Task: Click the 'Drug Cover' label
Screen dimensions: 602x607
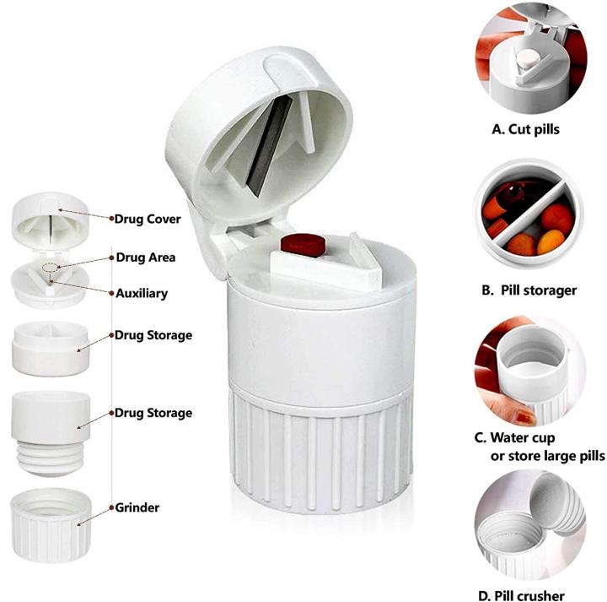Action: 148,219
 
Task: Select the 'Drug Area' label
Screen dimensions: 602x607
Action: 145,257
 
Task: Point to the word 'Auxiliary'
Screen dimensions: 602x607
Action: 142,294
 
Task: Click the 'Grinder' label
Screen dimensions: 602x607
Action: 137,507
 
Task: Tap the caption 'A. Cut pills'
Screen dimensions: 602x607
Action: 525,130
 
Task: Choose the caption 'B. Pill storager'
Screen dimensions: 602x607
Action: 529,290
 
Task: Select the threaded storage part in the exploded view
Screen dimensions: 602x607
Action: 52,431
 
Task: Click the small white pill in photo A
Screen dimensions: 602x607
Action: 526,57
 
